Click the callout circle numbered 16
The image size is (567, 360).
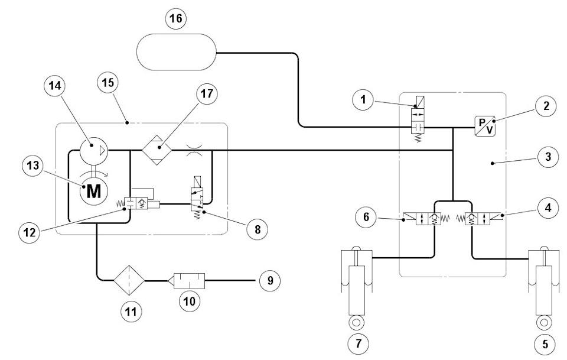(x=176, y=18)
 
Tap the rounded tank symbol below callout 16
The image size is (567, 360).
(x=177, y=52)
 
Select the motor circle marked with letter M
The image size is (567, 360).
(x=94, y=191)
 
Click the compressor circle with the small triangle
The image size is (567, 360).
(x=94, y=150)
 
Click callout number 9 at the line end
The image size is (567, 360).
(x=270, y=280)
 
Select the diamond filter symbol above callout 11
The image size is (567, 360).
(x=129, y=280)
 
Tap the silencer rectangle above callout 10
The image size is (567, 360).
(x=189, y=280)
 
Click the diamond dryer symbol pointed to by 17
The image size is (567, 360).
(x=157, y=150)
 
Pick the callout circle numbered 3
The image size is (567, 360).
(x=548, y=157)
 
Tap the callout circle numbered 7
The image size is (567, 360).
(x=359, y=343)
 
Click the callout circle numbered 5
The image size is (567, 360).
(x=545, y=343)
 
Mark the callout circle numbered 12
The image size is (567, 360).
(x=30, y=232)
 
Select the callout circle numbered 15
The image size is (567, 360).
(x=108, y=83)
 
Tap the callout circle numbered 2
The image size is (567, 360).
(x=546, y=106)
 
